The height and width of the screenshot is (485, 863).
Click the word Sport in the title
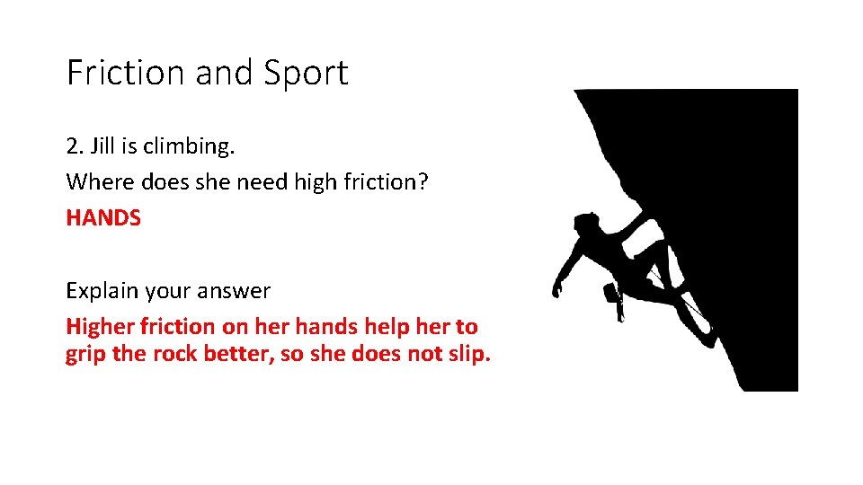306,73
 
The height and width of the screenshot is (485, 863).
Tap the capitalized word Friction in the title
127,73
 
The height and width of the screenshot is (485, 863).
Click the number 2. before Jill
75,145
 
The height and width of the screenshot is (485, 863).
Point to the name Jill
103,145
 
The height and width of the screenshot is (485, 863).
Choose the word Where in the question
95,181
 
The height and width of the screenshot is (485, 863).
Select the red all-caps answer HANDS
103,218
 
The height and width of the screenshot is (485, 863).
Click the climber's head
585,224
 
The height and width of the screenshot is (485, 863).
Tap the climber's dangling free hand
558,288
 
